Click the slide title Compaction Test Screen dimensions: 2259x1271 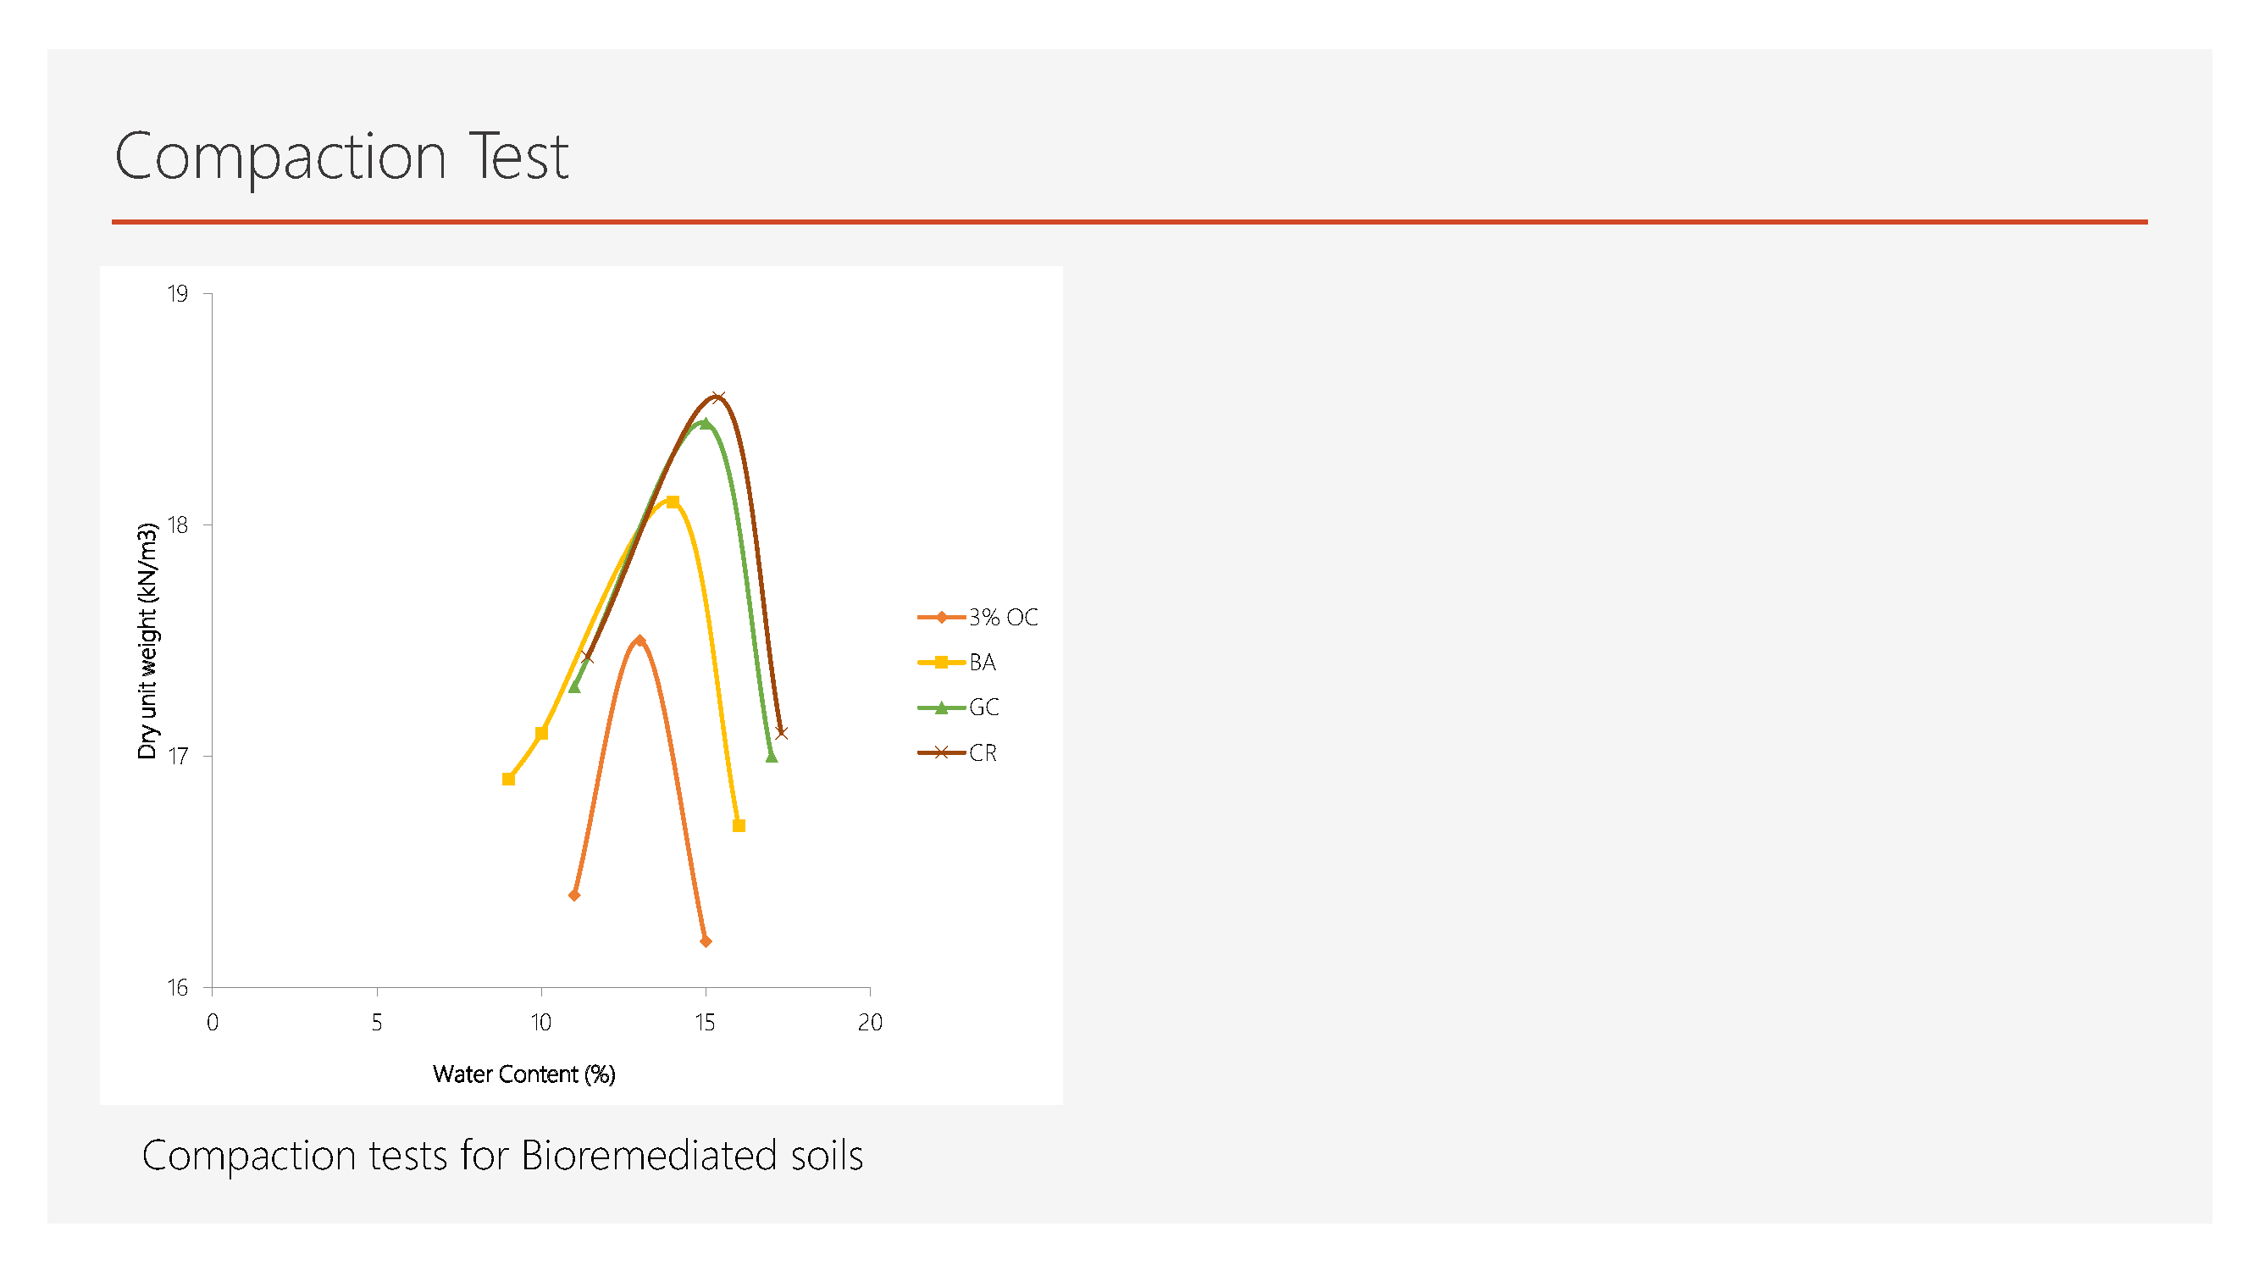[x=341, y=156]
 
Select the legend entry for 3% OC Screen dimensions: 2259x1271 [x=977, y=618]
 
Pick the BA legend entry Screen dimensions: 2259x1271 [x=957, y=663]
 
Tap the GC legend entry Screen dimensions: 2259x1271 [x=959, y=707]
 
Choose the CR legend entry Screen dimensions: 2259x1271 [x=957, y=752]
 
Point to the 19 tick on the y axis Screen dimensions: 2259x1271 [x=178, y=294]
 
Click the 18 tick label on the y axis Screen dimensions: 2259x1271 [x=178, y=525]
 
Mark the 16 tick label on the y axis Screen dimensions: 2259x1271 [x=178, y=988]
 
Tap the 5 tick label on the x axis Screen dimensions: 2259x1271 [x=377, y=1022]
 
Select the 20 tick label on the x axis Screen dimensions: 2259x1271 [x=870, y=1022]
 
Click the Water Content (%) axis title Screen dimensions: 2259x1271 [x=524, y=1074]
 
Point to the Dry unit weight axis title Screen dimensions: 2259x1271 [x=147, y=641]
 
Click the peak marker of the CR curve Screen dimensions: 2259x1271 [x=717, y=397]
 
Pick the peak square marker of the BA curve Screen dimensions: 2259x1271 [x=673, y=502]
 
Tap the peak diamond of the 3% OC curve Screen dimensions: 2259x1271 [x=640, y=641]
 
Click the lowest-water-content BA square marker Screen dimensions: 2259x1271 [x=508, y=779]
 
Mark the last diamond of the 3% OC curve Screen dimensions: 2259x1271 [x=706, y=941]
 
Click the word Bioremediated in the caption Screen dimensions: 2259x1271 [x=648, y=1155]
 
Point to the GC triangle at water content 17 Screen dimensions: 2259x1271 [x=772, y=756]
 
